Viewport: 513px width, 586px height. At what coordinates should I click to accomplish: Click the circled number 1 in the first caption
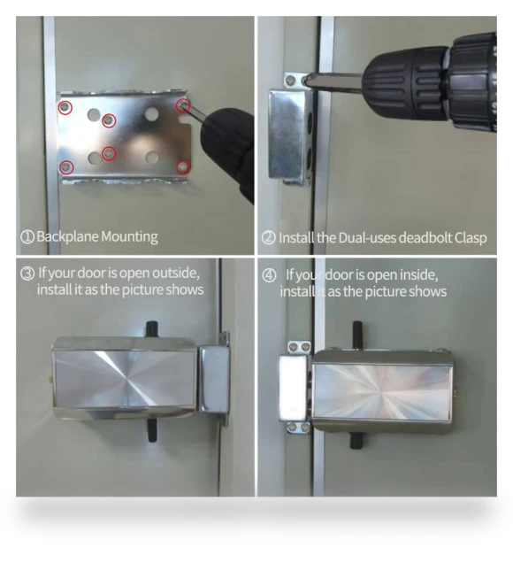click(27, 237)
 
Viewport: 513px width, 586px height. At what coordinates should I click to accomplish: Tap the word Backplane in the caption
click(67, 236)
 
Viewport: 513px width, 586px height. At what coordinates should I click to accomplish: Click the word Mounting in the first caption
click(129, 237)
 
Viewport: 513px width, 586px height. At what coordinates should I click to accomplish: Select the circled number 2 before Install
click(269, 238)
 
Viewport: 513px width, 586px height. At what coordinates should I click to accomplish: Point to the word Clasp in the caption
click(471, 238)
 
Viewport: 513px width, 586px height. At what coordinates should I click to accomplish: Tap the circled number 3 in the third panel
click(27, 274)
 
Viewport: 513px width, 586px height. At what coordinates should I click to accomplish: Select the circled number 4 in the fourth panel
click(269, 276)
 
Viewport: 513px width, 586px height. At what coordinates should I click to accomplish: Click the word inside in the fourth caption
click(418, 275)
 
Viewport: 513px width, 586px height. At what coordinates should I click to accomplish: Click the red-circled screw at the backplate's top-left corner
click(65, 107)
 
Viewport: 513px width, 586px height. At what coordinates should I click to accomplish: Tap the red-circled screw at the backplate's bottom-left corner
click(66, 166)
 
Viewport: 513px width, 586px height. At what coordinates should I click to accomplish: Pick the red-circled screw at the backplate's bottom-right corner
click(183, 167)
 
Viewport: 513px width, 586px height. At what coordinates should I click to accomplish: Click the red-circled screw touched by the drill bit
click(183, 105)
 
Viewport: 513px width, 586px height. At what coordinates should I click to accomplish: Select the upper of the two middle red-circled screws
click(109, 120)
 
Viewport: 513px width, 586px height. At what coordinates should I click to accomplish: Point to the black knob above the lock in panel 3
click(151, 329)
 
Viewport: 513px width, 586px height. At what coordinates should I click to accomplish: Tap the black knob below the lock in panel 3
click(151, 430)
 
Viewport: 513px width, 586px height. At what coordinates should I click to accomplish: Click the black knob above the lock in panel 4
click(357, 335)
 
